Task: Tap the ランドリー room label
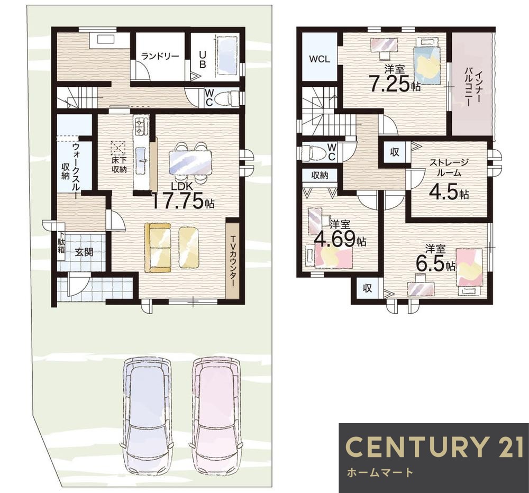coord(160,56)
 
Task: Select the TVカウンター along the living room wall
coord(232,258)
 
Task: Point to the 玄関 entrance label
coord(84,252)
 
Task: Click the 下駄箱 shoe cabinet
coord(61,242)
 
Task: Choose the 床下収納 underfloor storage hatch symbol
coord(118,148)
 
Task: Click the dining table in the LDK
coord(191,162)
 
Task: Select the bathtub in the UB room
coord(227,57)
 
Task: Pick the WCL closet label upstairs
coord(320,59)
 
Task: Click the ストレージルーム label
coord(449,168)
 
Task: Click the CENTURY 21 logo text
coord(434,446)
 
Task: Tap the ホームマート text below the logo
coord(379,472)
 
